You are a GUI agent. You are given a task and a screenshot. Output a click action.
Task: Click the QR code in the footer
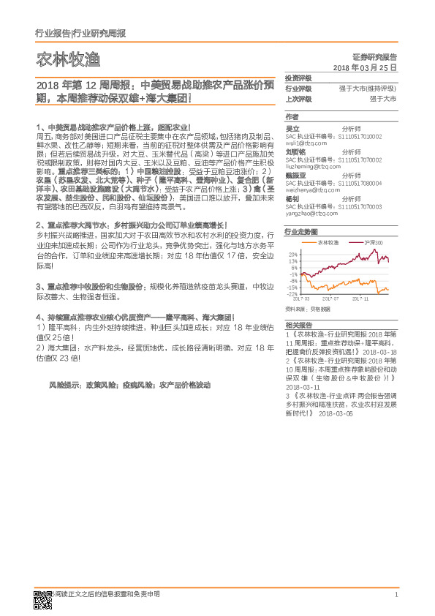tap(43, 598)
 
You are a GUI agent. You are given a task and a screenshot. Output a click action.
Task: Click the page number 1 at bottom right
tap(396, 595)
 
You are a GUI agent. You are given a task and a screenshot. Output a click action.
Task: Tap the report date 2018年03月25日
tap(364, 67)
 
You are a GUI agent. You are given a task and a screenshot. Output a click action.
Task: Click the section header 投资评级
tap(298, 78)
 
